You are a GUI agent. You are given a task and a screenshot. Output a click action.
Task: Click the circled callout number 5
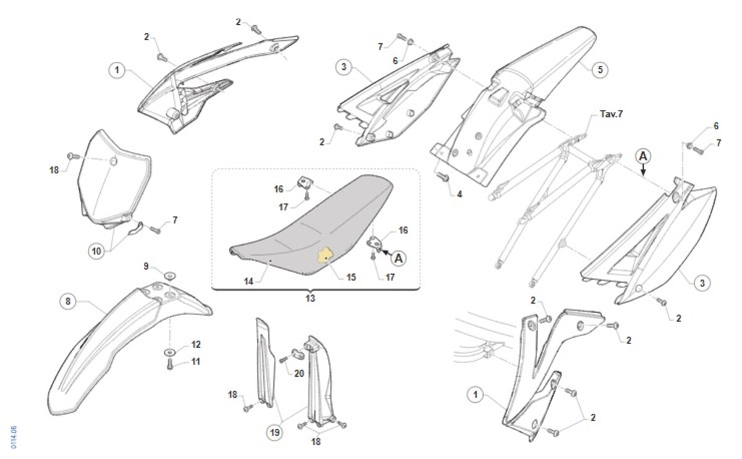[599, 69]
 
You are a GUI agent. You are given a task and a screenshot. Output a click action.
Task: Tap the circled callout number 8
[68, 301]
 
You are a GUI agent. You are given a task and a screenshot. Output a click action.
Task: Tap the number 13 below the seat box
[310, 298]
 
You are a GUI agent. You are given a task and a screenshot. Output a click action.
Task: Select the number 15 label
[351, 277]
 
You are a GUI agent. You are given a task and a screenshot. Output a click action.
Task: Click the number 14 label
[249, 280]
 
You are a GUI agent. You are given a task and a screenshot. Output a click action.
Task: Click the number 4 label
[459, 194]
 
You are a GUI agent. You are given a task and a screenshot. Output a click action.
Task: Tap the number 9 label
[147, 266]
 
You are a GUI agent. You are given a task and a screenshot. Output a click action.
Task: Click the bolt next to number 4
[442, 176]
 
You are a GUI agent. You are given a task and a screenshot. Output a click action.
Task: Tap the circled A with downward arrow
[643, 156]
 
